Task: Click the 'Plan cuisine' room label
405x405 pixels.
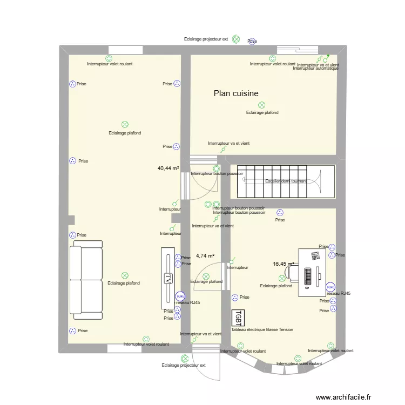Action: point(236,93)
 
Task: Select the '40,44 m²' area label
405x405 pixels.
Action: point(168,168)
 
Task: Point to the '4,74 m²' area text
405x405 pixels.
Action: point(205,256)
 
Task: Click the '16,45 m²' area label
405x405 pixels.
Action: point(283,264)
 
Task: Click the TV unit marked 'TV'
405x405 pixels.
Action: point(167,278)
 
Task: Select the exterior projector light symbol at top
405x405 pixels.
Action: point(236,39)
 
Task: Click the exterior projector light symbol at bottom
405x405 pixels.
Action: point(185,359)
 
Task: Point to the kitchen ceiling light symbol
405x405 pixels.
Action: point(262,105)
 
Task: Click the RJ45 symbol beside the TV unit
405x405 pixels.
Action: point(180,296)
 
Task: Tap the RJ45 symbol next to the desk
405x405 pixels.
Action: point(330,287)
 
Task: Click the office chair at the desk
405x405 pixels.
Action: point(293,273)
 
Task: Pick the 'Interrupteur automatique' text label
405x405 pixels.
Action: point(315,69)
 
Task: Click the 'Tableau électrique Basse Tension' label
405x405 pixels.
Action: point(262,329)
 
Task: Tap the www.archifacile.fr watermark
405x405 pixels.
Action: point(344,397)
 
